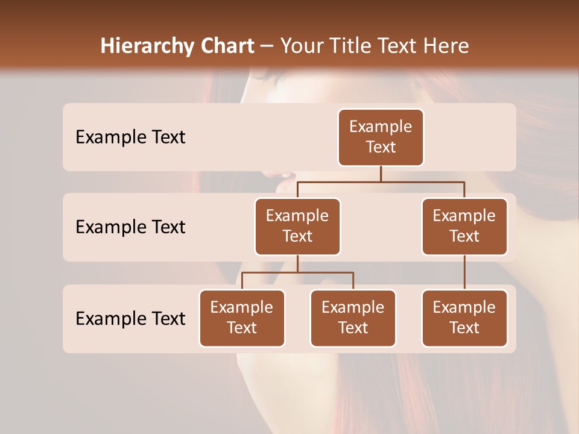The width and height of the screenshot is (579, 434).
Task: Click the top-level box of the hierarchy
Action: (x=381, y=137)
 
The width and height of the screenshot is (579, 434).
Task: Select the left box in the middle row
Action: (x=297, y=227)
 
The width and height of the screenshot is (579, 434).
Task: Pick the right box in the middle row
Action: (x=464, y=227)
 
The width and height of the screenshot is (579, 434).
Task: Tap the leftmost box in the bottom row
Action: (x=242, y=318)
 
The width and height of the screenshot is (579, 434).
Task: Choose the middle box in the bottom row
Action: (x=353, y=318)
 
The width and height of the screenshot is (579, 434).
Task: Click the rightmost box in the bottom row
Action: (x=464, y=318)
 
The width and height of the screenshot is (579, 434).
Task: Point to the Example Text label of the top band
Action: (x=130, y=137)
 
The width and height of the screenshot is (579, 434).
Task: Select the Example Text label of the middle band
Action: (x=130, y=227)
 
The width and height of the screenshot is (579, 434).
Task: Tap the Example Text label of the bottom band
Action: (x=130, y=318)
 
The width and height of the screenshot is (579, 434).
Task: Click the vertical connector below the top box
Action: (x=381, y=174)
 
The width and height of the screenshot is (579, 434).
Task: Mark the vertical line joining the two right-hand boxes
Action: (x=464, y=272)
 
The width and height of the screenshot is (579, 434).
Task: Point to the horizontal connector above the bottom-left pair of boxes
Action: (x=297, y=272)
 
